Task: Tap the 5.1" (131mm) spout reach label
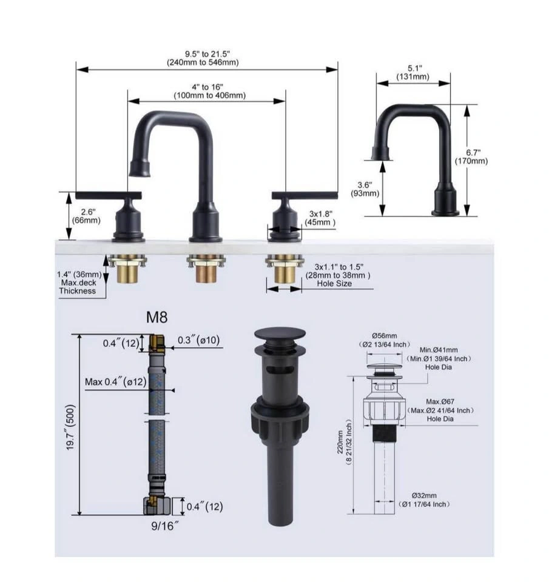[413, 72]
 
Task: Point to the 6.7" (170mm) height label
[471, 156]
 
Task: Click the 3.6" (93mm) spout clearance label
[365, 189]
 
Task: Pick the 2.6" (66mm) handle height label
[87, 216]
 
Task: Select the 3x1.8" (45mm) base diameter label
[320, 218]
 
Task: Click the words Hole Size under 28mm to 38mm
[334, 284]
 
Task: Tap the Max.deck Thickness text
[78, 287]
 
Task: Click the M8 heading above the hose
[157, 317]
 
